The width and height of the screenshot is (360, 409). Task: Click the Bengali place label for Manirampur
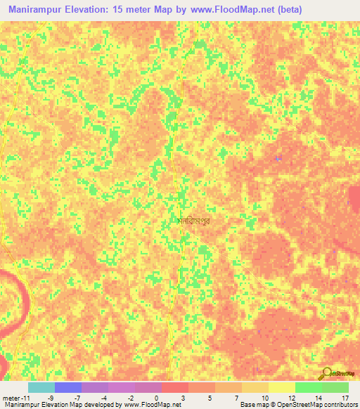[x=193, y=220]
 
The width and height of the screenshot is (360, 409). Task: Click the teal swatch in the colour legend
[x=41, y=387]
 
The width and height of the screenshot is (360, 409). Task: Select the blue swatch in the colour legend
[x=68, y=387]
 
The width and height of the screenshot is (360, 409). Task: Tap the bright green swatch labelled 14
[x=309, y=387]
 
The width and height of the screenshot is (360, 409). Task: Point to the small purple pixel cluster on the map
[x=278, y=158]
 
